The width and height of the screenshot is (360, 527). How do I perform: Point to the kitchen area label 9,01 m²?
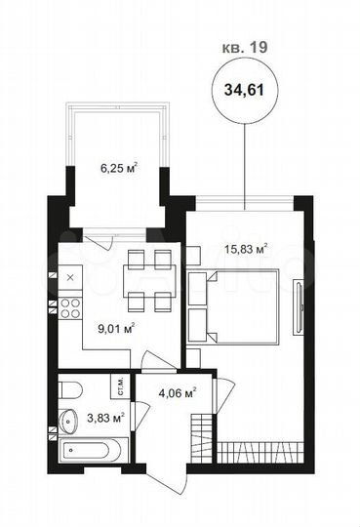[116, 329]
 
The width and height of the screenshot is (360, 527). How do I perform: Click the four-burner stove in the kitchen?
[71, 310]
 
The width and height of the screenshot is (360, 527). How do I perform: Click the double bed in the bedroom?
[244, 306]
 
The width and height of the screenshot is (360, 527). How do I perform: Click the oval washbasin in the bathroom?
[69, 422]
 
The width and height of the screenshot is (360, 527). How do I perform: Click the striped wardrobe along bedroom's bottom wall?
[259, 454]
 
